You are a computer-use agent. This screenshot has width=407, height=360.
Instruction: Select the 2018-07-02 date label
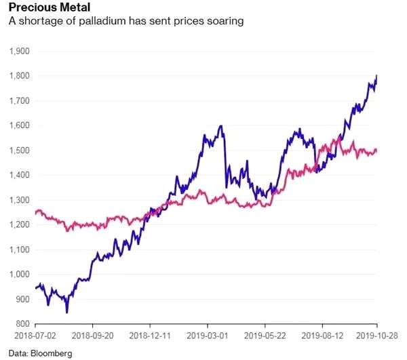tap(33, 336)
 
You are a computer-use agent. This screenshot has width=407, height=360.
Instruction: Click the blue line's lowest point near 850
tap(66, 312)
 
